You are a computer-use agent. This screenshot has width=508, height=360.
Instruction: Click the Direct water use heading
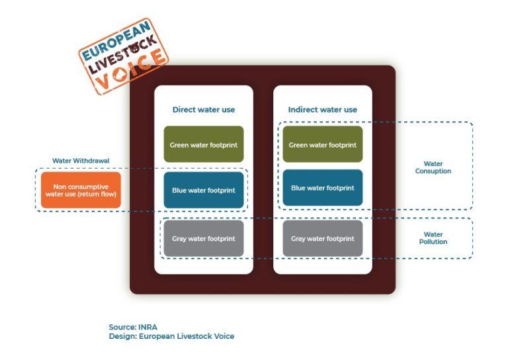pyautogui.click(x=204, y=109)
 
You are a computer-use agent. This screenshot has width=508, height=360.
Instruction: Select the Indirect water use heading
pyautogui.click(x=323, y=109)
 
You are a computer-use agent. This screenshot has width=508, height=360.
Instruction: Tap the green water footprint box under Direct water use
pyautogui.click(x=204, y=144)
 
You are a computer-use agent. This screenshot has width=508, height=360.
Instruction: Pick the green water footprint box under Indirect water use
pyautogui.click(x=323, y=144)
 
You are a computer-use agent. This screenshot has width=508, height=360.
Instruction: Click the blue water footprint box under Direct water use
pyautogui.click(x=204, y=190)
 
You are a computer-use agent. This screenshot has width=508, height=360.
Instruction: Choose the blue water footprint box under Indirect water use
pyautogui.click(x=323, y=188)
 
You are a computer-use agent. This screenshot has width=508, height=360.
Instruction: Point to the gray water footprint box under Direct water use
pyautogui.click(x=204, y=238)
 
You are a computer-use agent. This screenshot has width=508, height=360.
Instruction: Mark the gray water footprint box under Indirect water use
pyautogui.click(x=323, y=238)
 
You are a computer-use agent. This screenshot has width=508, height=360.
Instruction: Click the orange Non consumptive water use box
pyautogui.click(x=81, y=191)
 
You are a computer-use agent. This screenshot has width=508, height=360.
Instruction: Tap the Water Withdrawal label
pyautogui.click(x=81, y=161)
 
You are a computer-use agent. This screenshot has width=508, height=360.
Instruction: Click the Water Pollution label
pyautogui.click(x=433, y=238)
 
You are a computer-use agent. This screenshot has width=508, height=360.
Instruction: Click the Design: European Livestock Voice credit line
pyautogui.click(x=171, y=336)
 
